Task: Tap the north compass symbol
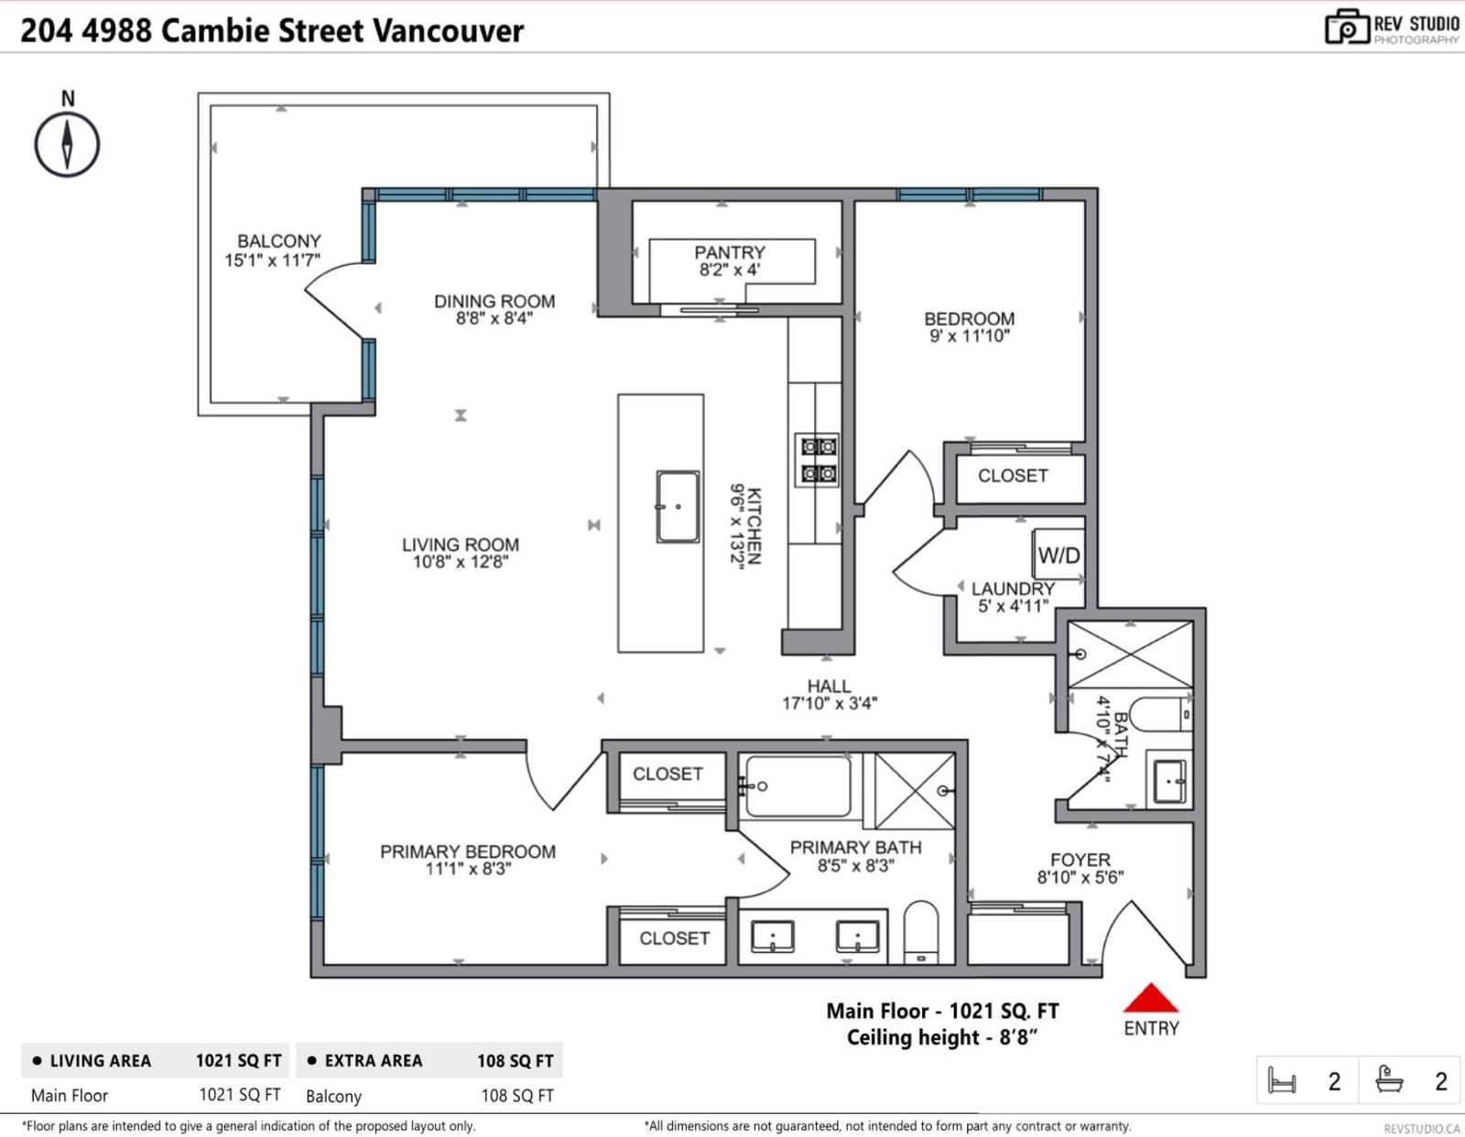67,145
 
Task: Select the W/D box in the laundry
1058,556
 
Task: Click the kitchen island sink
678,506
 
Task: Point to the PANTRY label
730,253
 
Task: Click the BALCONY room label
278,242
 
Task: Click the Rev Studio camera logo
1347,27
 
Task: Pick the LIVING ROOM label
461,545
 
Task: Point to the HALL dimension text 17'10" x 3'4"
830,704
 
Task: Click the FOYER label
1080,860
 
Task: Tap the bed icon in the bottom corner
1282,1080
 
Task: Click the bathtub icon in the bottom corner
1389,1079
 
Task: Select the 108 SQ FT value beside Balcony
517,1096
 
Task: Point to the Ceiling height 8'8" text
941,1037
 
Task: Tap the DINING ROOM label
494,301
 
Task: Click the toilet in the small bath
1159,715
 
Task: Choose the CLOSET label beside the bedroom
1013,476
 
